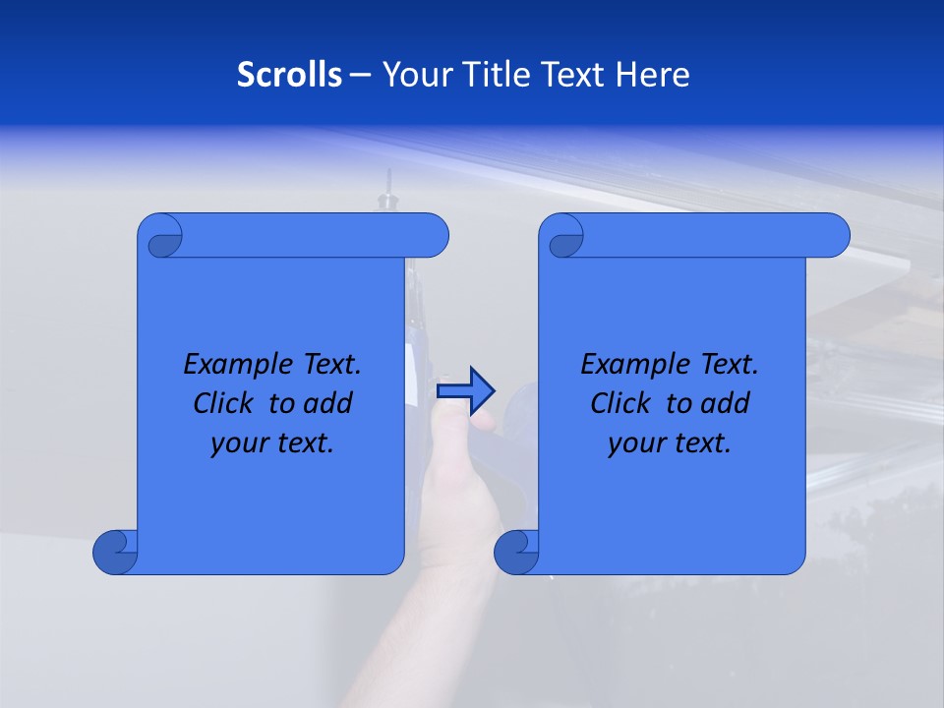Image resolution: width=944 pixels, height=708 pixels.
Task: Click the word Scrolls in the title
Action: (290, 75)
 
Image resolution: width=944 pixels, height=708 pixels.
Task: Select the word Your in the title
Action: (413, 75)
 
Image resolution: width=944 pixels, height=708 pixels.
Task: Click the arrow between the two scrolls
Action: (465, 390)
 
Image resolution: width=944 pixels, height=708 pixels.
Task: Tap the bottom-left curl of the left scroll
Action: (116, 552)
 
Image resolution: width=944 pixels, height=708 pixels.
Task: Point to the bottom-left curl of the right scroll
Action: (517, 552)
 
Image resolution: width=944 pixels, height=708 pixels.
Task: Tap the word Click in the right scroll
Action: (620, 403)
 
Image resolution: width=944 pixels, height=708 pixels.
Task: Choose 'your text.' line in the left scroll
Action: (272, 442)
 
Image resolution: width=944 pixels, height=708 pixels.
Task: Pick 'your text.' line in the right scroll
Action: (670, 442)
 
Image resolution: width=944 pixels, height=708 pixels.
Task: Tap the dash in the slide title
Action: (360, 75)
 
